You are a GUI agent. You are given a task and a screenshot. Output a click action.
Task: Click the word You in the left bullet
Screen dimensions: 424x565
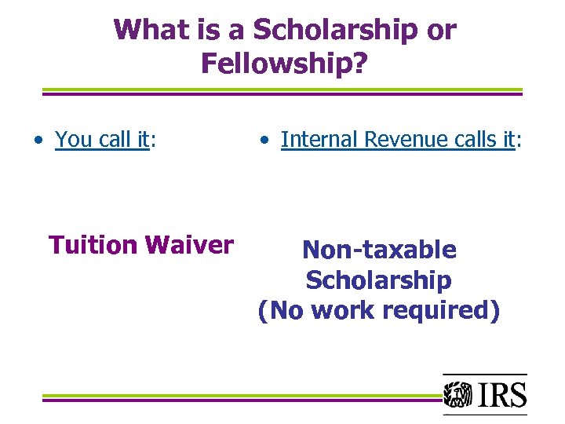coord(74,140)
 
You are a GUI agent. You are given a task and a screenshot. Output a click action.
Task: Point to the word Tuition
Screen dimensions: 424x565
coord(93,246)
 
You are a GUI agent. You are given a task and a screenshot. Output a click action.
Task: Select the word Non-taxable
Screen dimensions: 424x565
coord(378,250)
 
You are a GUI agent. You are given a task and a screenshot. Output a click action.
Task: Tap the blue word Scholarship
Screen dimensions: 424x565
coord(378,280)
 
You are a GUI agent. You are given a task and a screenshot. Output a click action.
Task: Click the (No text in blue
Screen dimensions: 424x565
coord(282,311)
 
